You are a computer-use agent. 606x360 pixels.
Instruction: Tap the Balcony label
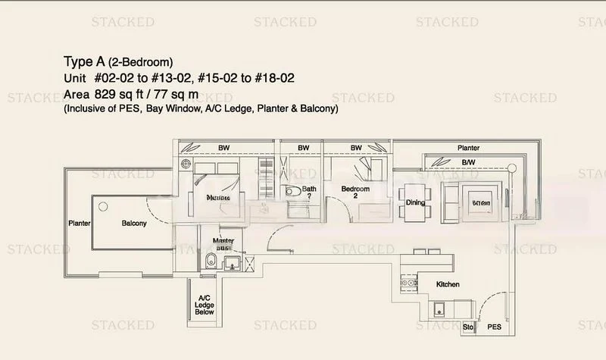(x=133, y=224)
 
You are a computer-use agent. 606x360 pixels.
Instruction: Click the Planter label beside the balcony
(x=80, y=224)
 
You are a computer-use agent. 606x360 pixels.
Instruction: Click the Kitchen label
(x=448, y=285)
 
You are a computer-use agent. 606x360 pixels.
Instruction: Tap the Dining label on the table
(x=415, y=202)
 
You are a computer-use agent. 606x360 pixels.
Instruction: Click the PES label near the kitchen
(x=494, y=328)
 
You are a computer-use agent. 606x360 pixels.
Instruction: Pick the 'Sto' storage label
(x=467, y=328)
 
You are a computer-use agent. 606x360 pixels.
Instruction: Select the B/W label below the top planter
(x=469, y=161)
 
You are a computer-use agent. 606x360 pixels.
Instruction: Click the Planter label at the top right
(x=468, y=148)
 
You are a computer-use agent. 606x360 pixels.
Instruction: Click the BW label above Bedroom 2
(x=355, y=148)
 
